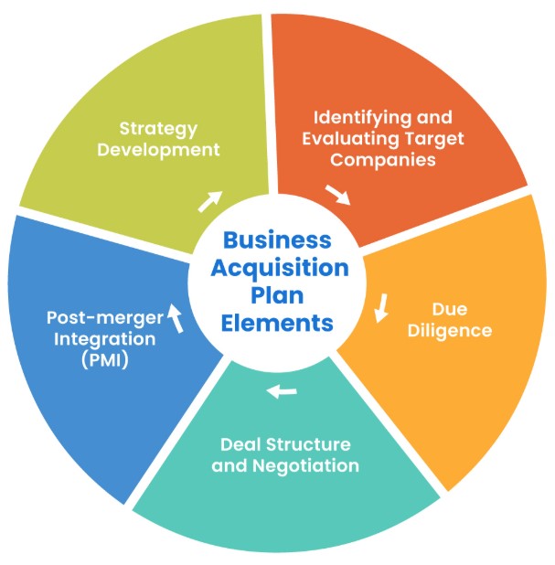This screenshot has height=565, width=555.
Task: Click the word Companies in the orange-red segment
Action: click(x=382, y=159)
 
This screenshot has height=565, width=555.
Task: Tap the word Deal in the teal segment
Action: click(x=240, y=445)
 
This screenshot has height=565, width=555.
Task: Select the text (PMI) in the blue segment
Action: click(x=101, y=359)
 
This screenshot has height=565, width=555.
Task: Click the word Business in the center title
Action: click(x=277, y=240)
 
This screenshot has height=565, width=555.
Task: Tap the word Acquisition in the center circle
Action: click(x=278, y=269)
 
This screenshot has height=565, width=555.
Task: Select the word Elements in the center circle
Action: click(x=278, y=323)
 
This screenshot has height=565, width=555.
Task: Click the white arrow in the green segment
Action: click(x=210, y=200)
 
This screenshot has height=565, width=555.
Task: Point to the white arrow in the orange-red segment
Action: click(x=337, y=194)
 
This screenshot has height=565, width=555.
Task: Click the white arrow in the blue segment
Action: click(x=176, y=319)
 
